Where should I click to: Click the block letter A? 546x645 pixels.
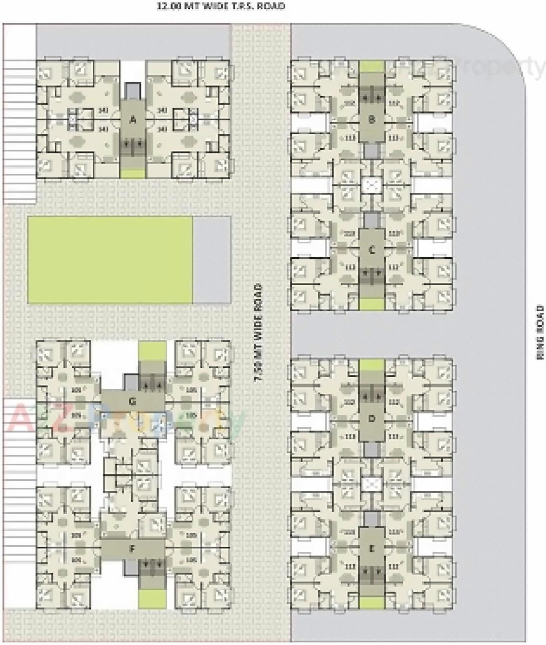133,120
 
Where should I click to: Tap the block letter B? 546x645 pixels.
371,120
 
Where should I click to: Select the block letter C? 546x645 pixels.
371,250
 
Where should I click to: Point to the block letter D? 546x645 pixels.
371,419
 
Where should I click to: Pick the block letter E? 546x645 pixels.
371,548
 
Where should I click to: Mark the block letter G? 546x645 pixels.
133,401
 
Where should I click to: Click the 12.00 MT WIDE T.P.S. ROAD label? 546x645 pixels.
221,6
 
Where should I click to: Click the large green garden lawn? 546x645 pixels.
110,260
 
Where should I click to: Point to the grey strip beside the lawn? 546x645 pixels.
211,260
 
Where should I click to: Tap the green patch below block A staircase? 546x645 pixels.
132,173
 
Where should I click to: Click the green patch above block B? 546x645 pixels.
372,66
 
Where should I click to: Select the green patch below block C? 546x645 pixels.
371,304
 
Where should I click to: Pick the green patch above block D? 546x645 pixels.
372,364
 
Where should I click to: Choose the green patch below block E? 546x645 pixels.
371,603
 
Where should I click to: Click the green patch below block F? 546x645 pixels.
152,598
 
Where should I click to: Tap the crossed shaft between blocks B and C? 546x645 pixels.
371,185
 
